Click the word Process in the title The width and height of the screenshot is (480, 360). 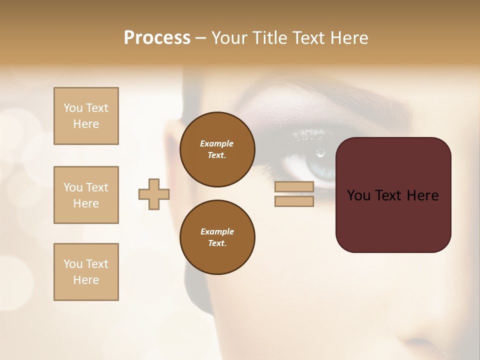[157, 38]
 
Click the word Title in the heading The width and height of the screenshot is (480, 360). [269, 38]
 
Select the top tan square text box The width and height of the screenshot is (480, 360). [86, 116]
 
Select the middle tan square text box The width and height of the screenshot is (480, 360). [86, 195]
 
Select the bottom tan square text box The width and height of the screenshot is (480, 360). [86, 271]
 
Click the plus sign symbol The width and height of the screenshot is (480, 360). [154, 194]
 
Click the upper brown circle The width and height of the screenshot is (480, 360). [217, 149]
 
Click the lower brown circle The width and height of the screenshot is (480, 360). [217, 237]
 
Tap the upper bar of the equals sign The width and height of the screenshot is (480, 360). [294, 187]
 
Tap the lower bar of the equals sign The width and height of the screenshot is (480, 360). [294, 201]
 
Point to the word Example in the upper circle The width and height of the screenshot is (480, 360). [216, 143]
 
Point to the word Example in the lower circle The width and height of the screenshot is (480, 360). [217, 231]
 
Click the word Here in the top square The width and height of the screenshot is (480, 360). [86, 124]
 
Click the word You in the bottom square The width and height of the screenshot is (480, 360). [72, 264]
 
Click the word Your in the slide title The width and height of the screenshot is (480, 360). [229, 38]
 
